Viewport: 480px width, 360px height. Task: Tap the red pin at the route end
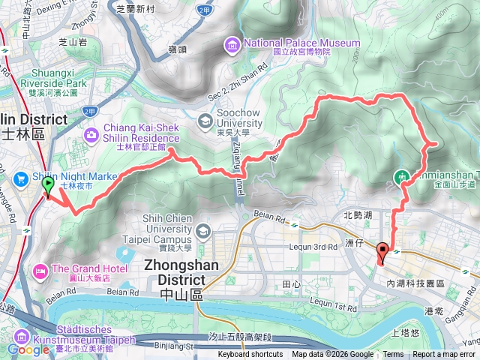(383, 253)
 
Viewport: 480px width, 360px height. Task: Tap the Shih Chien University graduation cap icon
(204, 229)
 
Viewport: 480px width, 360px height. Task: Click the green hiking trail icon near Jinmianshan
(403, 178)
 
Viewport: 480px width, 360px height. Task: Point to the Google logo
(28, 349)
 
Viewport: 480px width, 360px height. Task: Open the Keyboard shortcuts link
(250, 355)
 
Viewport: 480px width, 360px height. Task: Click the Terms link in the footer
(393, 355)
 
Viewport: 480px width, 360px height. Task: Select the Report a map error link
(445, 355)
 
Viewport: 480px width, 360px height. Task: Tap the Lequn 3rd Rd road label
(313, 247)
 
